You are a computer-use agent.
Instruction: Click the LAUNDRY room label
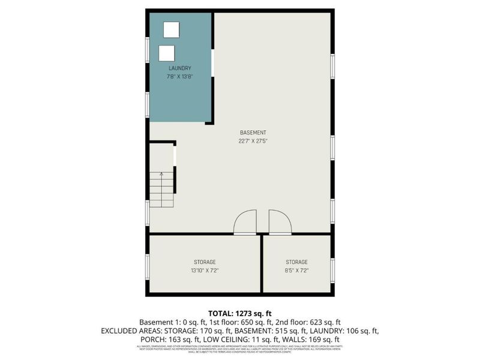(x=179, y=68)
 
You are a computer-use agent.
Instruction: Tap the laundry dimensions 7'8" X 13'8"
(x=179, y=77)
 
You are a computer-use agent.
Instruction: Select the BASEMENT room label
(x=253, y=133)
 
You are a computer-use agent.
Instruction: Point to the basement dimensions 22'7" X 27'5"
(x=253, y=142)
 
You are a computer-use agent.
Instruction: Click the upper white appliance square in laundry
(x=172, y=30)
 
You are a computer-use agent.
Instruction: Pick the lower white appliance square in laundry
(x=167, y=53)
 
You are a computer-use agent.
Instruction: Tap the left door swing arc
(x=245, y=221)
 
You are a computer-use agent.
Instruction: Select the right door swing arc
(x=280, y=221)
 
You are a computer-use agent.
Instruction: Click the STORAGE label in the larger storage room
(x=205, y=262)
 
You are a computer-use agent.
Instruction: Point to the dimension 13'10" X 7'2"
(x=205, y=271)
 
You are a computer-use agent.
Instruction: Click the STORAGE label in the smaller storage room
(x=296, y=262)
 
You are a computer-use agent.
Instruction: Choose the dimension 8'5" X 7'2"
(x=296, y=271)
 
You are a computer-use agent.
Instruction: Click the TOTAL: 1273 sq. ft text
(x=239, y=313)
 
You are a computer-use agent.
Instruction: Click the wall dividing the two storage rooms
(x=262, y=263)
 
